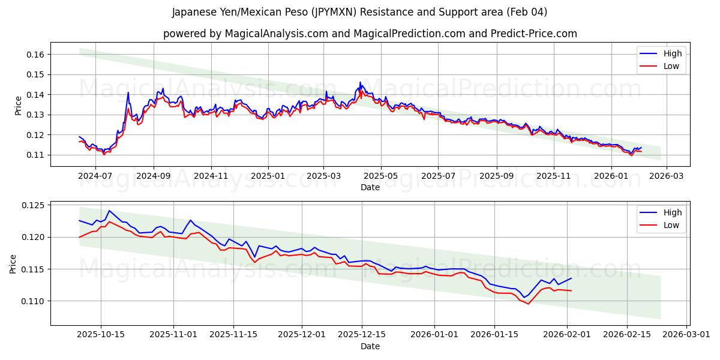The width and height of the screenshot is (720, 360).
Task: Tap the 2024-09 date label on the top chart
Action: (153, 176)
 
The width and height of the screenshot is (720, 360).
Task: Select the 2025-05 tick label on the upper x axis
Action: (381, 176)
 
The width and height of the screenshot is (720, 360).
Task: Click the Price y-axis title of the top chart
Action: (18, 104)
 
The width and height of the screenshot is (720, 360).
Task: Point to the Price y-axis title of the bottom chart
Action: (13, 263)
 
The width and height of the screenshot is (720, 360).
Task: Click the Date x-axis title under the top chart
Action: (370, 187)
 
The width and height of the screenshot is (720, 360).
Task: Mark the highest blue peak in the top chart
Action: (360, 82)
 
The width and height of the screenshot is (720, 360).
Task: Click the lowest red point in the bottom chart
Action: (528, 304)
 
